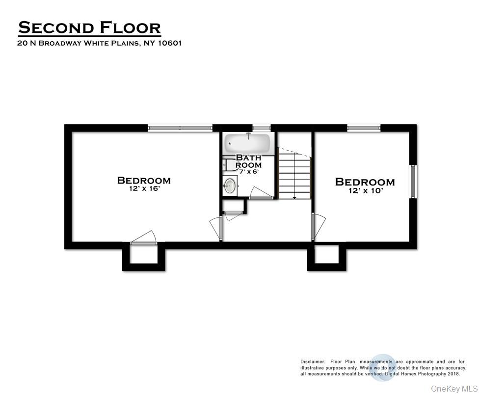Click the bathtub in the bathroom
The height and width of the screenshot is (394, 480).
(x=247, y=144)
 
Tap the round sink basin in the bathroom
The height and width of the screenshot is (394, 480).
(x=229, y=185)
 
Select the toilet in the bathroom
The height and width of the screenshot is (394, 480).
(x=227, y=164)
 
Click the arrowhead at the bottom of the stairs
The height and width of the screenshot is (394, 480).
(x=294, y=197)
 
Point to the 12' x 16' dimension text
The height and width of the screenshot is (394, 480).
(x=144, y=189)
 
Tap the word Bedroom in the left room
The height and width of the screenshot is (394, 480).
(x=144, y=181)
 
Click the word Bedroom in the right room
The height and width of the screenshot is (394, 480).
(x=365, y=182)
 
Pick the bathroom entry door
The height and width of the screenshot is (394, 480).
(x=261, y=194)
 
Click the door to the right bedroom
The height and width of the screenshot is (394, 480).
(x=318, y=225)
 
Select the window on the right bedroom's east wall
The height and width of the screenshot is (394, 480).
(x=413, y=181)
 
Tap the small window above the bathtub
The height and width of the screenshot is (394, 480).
(x=262, y=128)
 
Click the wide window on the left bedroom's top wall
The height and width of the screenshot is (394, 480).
(x=180, y=128)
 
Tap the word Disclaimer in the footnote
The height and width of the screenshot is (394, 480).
(x=313, y=361)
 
